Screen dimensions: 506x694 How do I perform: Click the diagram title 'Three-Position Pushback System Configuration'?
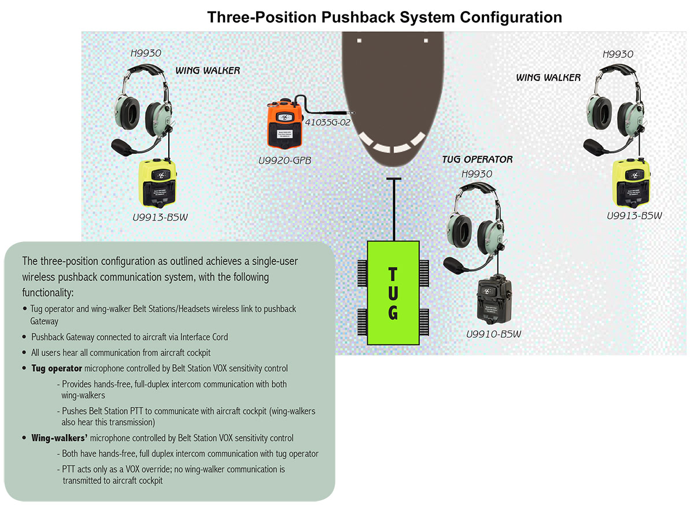point(385,17)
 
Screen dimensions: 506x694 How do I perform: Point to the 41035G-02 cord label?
point(327,122)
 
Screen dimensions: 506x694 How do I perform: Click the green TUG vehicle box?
point(393,293)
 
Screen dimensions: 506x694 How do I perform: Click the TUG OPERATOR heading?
point(477,159)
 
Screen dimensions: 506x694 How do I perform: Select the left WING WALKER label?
point(208,71)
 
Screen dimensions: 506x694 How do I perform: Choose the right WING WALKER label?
point(548,77)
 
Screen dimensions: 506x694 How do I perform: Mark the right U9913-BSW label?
point(634,216)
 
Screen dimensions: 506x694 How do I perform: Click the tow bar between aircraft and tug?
point(394,208)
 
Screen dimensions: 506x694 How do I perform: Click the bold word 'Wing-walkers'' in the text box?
point(60,438)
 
